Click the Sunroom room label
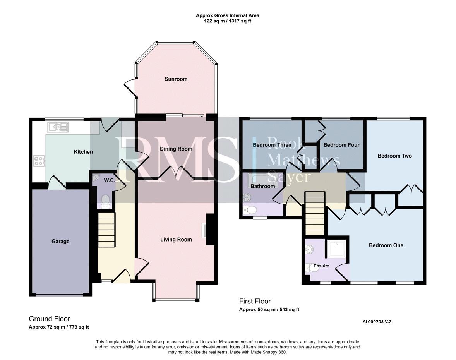(176, 79)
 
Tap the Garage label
(60, 242)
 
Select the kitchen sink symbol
(58, 127)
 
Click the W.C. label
(109, 180)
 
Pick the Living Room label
(176, 240)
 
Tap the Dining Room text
(176, 149)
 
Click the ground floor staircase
(107, 230)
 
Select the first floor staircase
(315, 213)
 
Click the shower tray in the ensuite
(337, 249)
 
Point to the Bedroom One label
(386, 245)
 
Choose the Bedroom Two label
(394, 156)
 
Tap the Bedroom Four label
(341, 145)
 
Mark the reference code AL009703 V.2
(377, 322)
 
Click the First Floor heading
(255, 301)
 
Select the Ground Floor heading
(50, 319)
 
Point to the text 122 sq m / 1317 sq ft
(227, 21)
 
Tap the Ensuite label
(321, 266)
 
